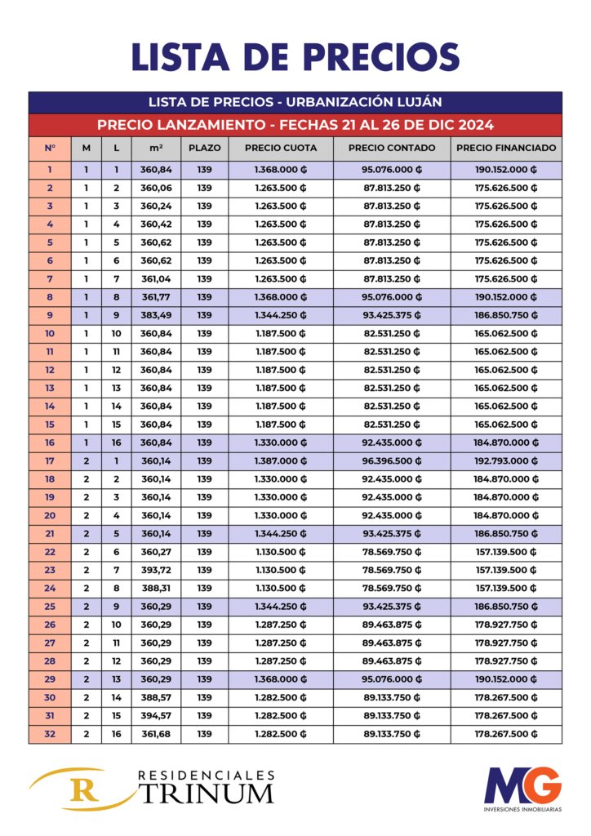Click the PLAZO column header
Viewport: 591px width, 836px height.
(x=204, y=149)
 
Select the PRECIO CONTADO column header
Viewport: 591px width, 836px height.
(x=391, y=149)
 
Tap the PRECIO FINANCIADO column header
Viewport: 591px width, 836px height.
(x=506, y=149)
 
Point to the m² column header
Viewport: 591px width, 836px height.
(x=156, y=149)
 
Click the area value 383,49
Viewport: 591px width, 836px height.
(x=156, y=315)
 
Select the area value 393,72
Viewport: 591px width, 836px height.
(x=156, y=570)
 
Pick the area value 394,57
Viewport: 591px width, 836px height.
(x=156, y=715)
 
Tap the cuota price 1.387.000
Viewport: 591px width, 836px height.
(x=280, y=460)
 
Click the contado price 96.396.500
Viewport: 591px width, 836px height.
(x=391, y=460)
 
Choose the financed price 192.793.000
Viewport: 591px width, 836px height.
(x=506, y=460)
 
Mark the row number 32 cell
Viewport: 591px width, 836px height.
(x=50, y=734)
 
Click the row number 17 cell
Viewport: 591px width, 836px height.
(x=50, y=460)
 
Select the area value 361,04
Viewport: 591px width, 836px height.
(x=156, y=278)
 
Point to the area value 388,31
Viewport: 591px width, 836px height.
(x=156, y=588)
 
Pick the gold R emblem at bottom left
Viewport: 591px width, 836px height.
(x=80, y=789)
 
